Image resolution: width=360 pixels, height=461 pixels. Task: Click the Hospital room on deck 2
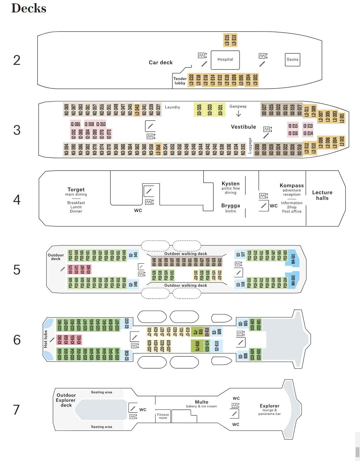[225, 60]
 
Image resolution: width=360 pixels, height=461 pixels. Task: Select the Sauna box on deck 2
[292, 60]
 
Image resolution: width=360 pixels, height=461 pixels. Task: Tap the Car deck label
[161, 63]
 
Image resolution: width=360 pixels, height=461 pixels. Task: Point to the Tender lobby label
[180, 81]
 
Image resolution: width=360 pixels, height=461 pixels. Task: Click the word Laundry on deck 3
[172, 107]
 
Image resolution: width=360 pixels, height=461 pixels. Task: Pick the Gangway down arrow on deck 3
[238, 114]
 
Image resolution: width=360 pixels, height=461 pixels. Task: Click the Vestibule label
[243, 127]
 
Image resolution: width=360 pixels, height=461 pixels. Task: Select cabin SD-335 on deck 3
[199, 110]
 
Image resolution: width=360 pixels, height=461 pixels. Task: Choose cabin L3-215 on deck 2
[227, 40]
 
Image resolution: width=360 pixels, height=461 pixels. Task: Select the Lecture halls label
[322, 195]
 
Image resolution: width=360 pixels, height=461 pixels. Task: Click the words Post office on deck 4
[292, 211]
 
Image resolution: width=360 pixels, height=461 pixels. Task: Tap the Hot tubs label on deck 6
[46, 339]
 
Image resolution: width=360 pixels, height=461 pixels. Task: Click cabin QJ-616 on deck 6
[197, 346]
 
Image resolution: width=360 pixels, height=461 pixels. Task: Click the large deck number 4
[17, 200]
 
